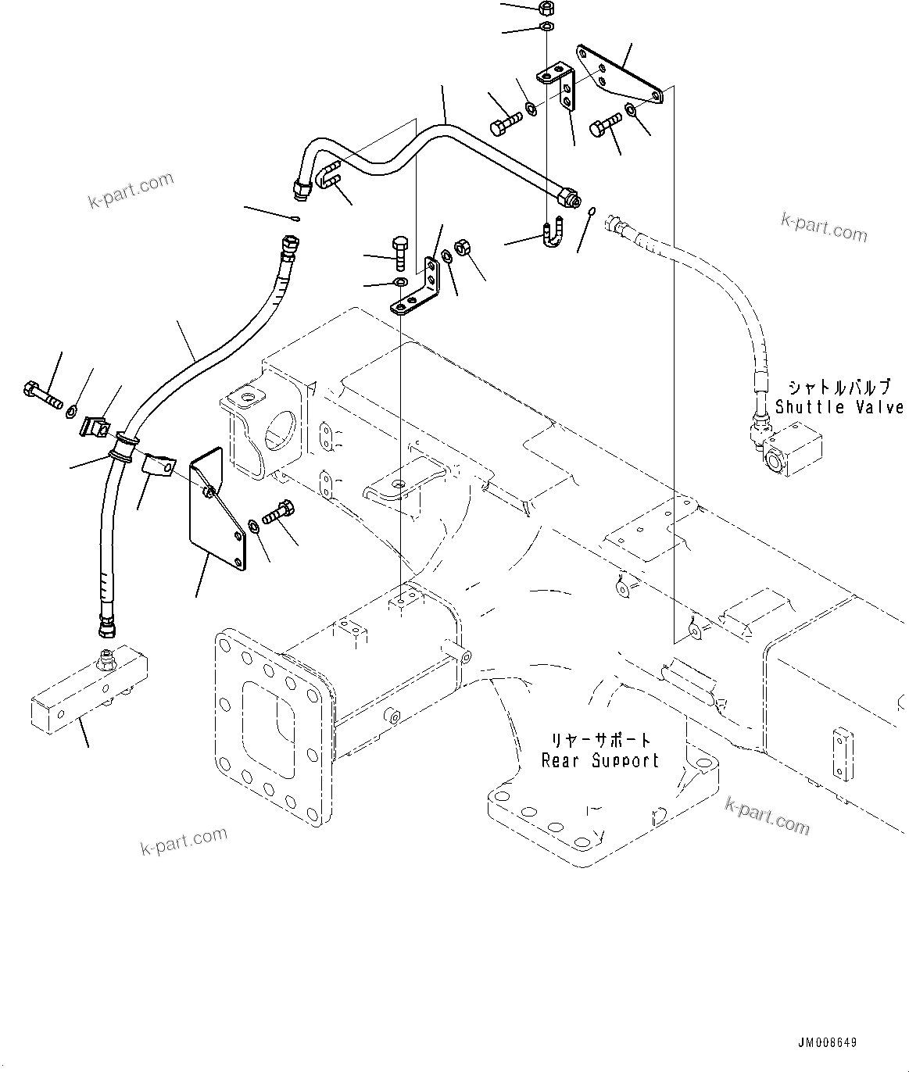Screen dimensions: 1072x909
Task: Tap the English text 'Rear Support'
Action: coord(601,760)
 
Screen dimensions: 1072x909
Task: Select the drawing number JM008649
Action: coord(828,1043)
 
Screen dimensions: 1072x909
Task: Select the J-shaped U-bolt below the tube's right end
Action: coord(552,231)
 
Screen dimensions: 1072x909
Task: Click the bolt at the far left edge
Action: coord(42,393)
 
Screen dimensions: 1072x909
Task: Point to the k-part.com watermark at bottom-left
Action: coord(184,842)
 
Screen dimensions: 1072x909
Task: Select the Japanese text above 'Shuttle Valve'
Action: coord(838,388)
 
